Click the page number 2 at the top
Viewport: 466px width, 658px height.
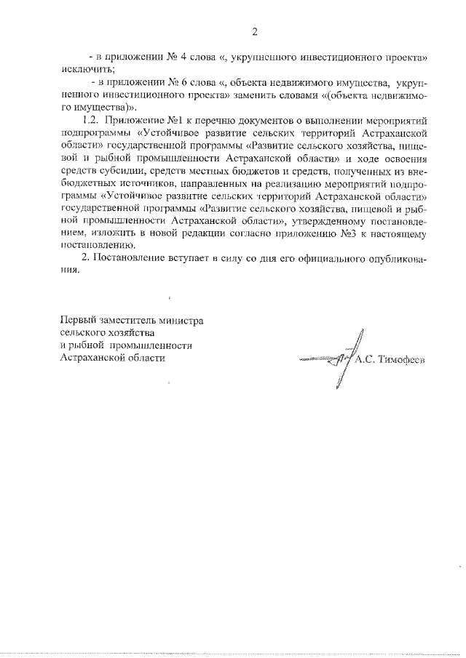pyautogui.click(x=255, y=31)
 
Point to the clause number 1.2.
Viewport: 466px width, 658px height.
pyautogui.click(x=90, y=121)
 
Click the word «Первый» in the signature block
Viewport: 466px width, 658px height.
pyautogui.click(x=77, y=321)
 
